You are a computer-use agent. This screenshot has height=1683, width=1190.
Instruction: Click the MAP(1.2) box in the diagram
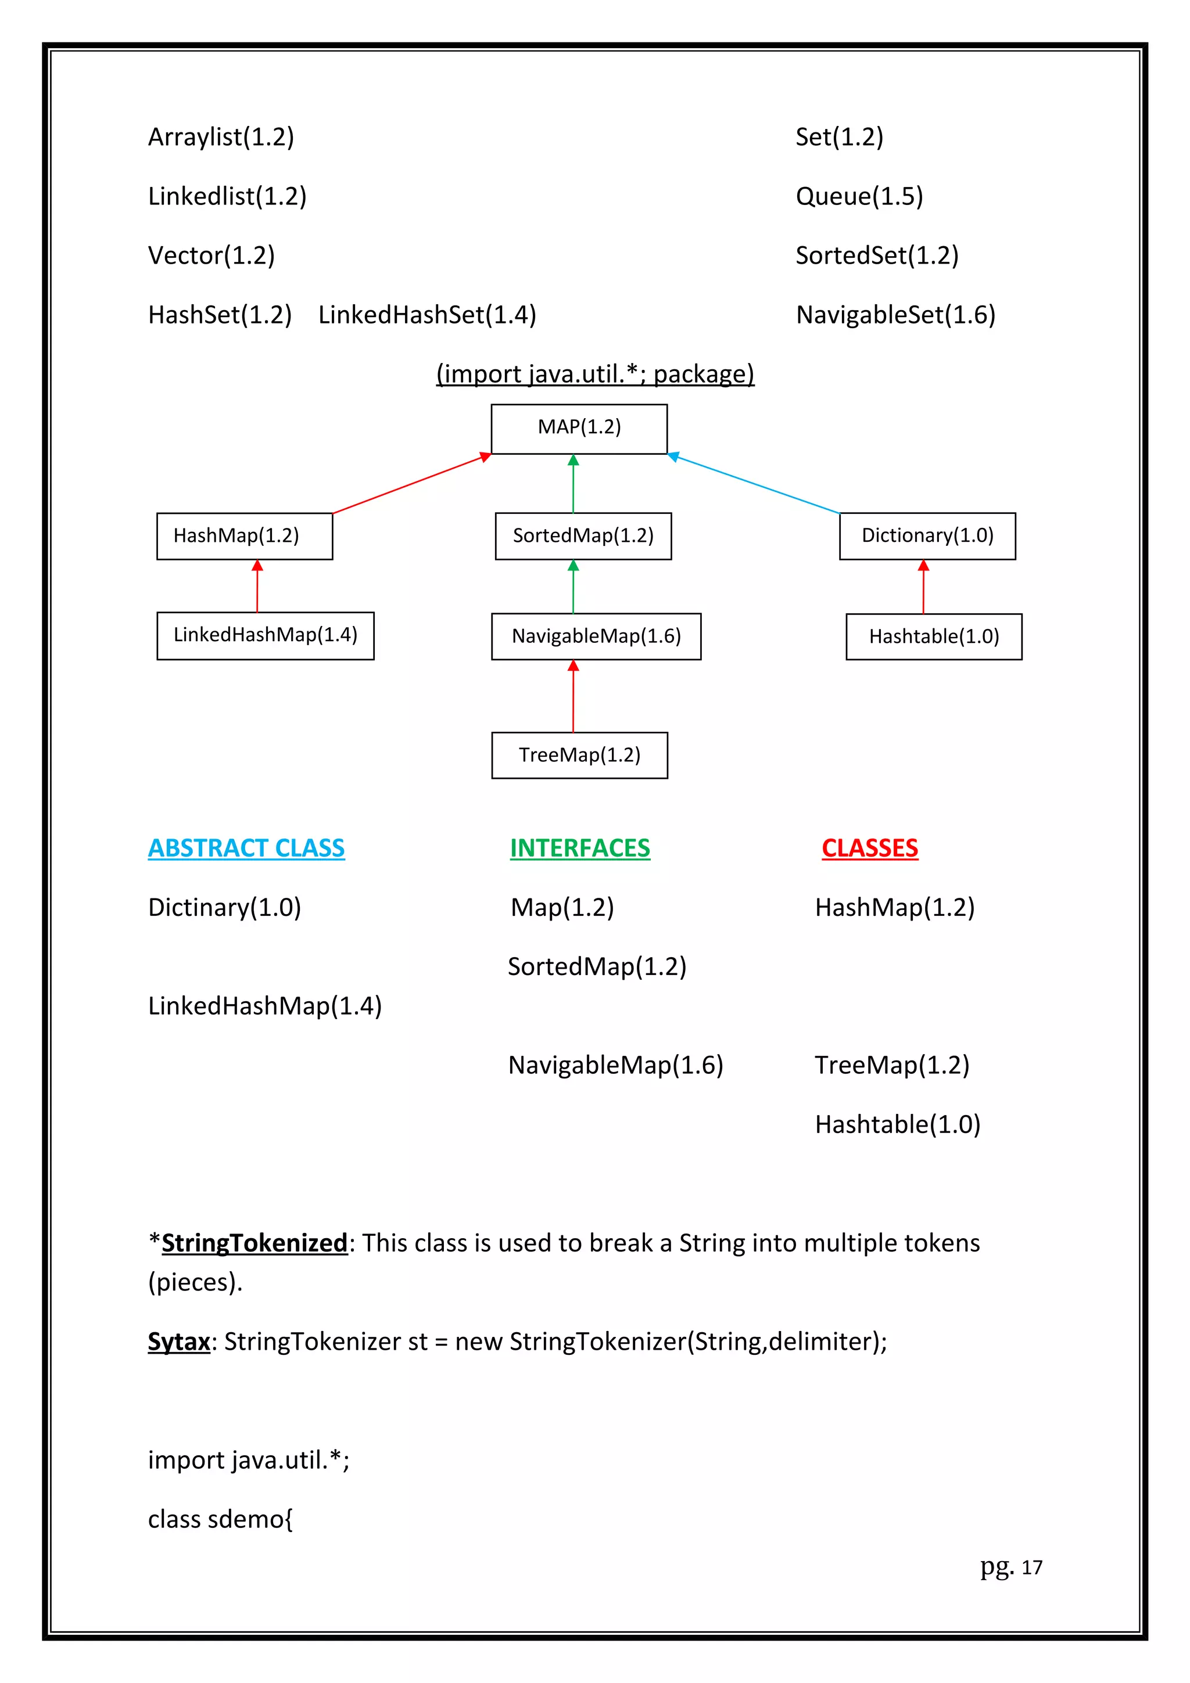(579, 429)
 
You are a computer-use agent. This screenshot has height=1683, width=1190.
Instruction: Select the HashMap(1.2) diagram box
(244, 536)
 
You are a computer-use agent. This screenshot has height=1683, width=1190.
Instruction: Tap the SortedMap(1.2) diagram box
(583, 536)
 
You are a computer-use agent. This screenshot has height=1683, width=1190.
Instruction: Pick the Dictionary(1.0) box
(927, 536)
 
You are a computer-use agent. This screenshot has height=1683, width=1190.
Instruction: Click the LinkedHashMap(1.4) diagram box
(265, 635)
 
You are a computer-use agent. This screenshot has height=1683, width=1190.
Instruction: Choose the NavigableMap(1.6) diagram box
(596, 636)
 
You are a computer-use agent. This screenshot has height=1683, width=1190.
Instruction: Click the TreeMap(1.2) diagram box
(579, 755)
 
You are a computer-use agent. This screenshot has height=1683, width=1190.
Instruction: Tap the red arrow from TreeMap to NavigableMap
(574, 696)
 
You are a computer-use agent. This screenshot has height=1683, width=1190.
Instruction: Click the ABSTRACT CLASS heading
(246, 848)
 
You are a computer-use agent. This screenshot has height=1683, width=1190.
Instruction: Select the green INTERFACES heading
(579, 848)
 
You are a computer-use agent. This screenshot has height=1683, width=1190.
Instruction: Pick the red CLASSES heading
(870, 848)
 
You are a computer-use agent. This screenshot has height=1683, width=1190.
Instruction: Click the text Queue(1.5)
(859, 196)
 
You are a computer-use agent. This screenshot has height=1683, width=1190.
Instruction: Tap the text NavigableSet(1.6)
(895, 315)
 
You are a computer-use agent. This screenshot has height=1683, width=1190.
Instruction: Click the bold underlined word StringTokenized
(254, 1243)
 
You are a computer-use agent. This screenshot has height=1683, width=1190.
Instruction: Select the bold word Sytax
(179, 1342)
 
